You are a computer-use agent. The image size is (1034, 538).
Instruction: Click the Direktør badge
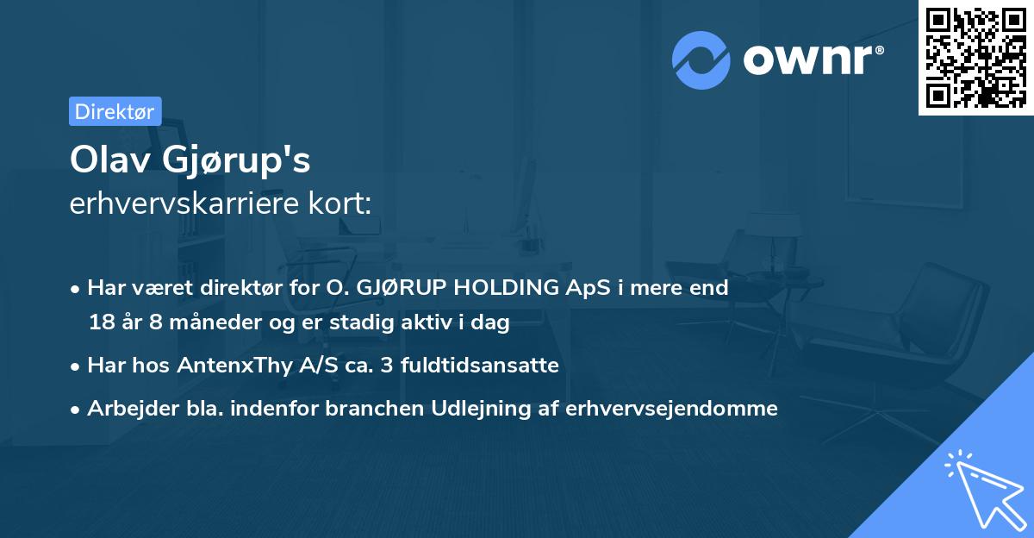coord(115,111)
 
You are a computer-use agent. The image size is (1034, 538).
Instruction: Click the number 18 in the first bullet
coord(100,322)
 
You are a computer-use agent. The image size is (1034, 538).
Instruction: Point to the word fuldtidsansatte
coord(493,366)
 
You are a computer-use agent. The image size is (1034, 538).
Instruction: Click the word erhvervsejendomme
coord(672,409)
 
